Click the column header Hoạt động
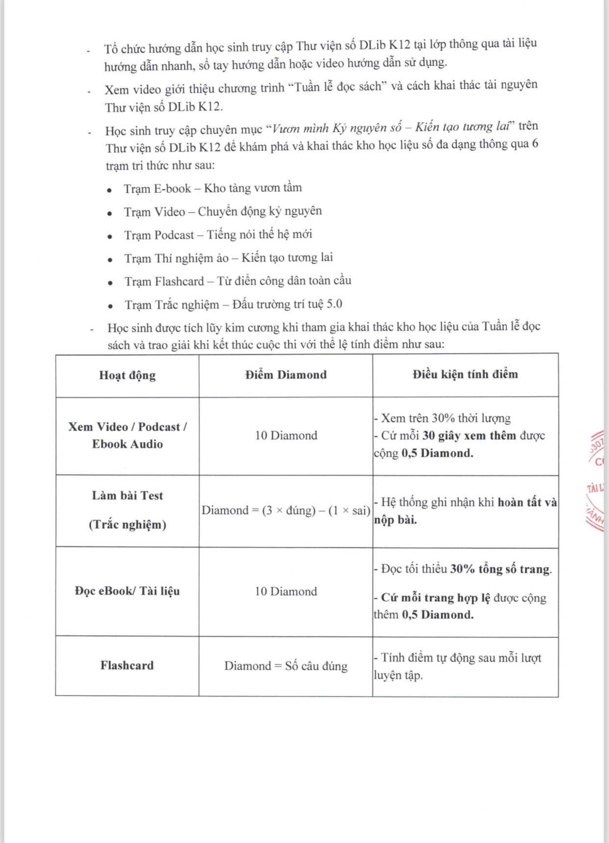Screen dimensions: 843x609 coord(127,375)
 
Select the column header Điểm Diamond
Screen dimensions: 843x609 coord(286,375)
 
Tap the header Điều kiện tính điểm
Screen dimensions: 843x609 coord(465,374)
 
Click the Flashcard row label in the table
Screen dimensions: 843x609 coord(127,666)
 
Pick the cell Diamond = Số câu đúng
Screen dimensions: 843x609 coord(286,666)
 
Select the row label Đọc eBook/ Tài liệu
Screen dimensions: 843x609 coord(127,591)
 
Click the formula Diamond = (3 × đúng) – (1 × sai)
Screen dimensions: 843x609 coord(286,511)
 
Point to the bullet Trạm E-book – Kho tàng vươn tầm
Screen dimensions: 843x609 coord(213,188)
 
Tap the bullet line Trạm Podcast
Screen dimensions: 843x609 coord(218,235)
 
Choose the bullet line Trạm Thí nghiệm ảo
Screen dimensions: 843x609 coord(228,258)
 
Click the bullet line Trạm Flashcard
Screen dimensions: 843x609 coord(237,281)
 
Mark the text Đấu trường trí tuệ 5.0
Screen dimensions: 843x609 coord(287,304)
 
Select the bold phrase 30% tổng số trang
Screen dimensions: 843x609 coord(500,569)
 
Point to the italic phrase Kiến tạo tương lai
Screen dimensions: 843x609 coord(462,127)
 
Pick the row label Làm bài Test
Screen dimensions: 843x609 coord(127,496)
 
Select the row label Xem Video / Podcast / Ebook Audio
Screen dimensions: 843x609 coord(127,435)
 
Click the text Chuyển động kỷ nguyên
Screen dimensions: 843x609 coord(260,211)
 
